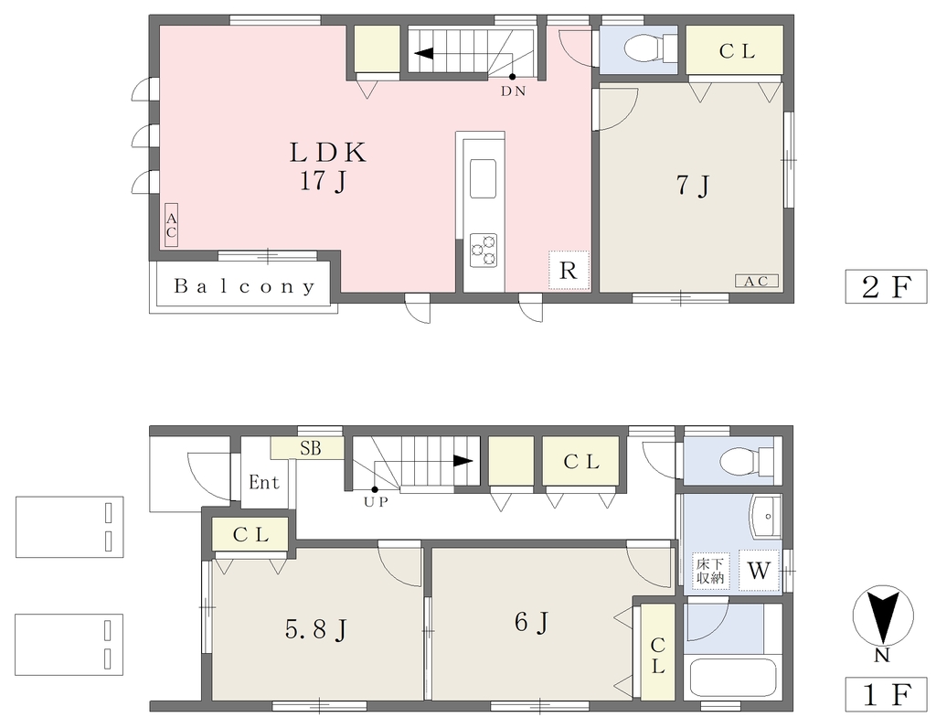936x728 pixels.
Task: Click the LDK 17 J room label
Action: [x=327, y=166]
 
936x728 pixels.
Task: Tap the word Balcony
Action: [x=244, y=286]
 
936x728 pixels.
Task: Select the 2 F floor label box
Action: [x=886, y=287]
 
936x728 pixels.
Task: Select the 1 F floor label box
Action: [x=886, y=694]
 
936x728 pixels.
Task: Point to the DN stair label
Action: [x=513, y=92]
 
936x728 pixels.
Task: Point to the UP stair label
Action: [x=376, y=502]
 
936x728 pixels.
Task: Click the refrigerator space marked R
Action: [x=569, y=271]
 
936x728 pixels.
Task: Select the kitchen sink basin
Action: [x=484, y=178]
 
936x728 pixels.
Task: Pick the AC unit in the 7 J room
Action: [x=756, y=281]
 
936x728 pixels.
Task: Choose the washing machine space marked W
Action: [x=759, y=571]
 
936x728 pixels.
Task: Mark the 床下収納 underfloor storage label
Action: [x=710, y=571]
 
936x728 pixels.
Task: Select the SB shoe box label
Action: [x=311, y=448]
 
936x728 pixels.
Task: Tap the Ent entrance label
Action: [x=264, y=482]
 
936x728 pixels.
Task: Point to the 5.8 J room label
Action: [x=316, y=630]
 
